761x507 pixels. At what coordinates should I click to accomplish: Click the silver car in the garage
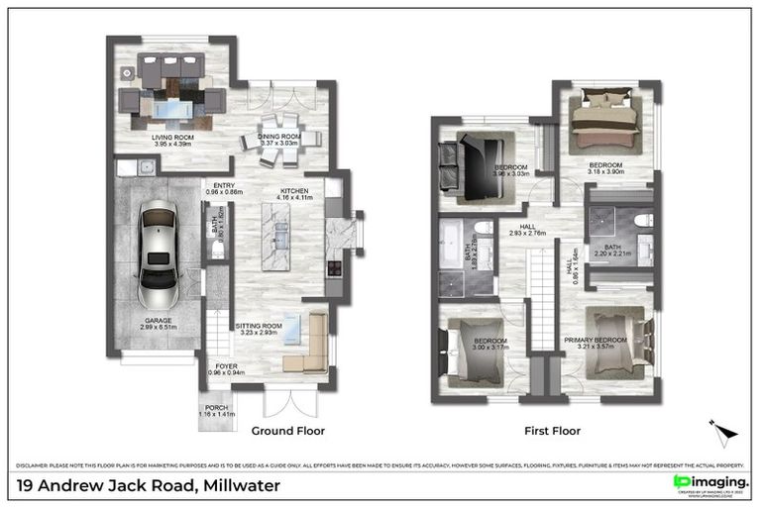pyautogui.click(x=160, y=256)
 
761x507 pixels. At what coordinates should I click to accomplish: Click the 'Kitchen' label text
pyautogui.click(x=295, y=191)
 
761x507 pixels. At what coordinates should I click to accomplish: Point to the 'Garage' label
pyautogui.click(x=160, y=321)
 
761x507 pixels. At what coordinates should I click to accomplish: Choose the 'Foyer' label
pyautogui.click(x=226, y=366)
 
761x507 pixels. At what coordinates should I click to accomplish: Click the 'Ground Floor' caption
pyautogui.click(x=287, y=431)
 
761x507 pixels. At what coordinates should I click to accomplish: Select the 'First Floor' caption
pyautogui.click(x=552, y=431)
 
